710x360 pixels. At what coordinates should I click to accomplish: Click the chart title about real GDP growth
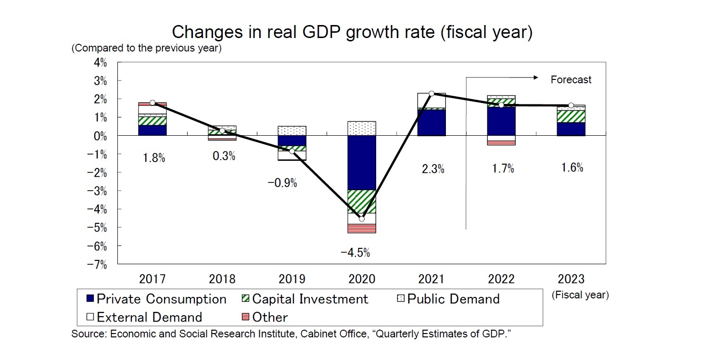pyautogui.click(x=352, y=33)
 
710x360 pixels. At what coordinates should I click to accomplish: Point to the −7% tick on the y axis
pyautogui.click(x=99, y=264)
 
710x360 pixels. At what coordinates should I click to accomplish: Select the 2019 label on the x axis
pyautogui.click(x=292, y=279)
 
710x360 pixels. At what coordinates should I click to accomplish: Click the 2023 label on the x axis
pyautogui.click(x=571, y=279)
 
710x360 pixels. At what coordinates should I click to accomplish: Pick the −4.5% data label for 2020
pyautogui.click(x=355, y=253)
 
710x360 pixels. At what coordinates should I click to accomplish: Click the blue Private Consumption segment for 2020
pyautogui.click(x=362, y=163)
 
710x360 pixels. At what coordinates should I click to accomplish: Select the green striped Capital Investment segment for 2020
pyautogui.click(x=362, y=201)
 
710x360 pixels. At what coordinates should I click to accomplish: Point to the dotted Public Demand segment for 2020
pyautogui.click(x=362, y=129)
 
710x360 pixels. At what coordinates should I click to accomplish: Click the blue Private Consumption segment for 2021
pyautogui.click(x=431, y=123)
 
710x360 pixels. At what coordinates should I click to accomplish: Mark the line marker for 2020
pyautogui.click(x=362, y=219)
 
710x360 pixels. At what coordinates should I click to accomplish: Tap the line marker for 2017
pyautogui.click(x=152, y=103)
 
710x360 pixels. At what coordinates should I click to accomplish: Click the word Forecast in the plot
pyautogui.click(x=571, y=80)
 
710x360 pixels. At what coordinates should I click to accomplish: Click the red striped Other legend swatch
pyautogui.click(x=244, y=317)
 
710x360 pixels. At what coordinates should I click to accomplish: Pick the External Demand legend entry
pyautogui.click(x=144, y=317)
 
